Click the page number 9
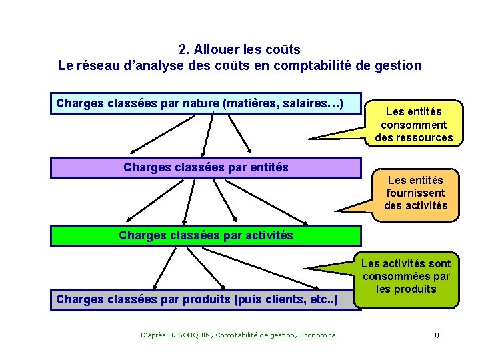pyautogui.click(x=437, y=335)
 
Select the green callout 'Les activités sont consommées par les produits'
pyautogui.click(x=407, y=276)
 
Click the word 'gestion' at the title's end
pyautogui.click(x=400, y=65)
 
